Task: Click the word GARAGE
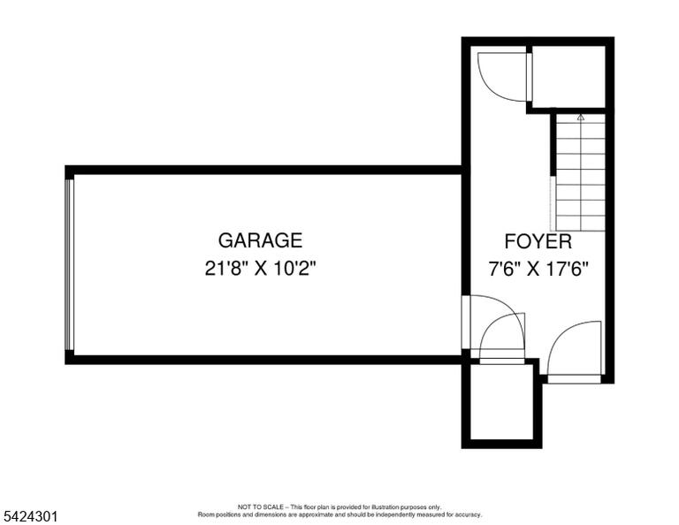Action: (x=260, y=240)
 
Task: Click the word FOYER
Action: (x=538, y=241)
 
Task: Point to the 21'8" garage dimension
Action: (x=226, y=269)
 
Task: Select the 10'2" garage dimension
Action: (x=295, y=269)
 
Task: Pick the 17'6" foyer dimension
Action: (x=567, y=270)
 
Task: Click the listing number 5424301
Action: (x=30, y=516)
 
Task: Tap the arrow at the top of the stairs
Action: (x=581, y=117)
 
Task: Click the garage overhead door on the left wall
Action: (x=69, y=264)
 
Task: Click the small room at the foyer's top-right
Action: (x=568, y=77)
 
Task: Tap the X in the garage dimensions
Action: (x=261, y=269)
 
